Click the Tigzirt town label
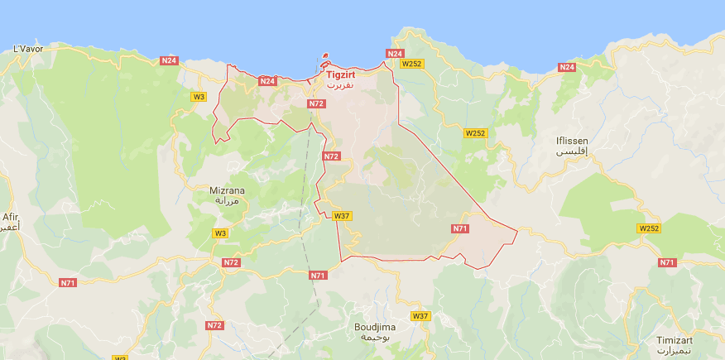(341, 74)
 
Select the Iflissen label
(572, 141)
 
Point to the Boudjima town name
(375, 327)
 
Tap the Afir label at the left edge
(9, 217)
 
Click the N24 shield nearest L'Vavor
(169, 60)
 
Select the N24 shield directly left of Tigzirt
(267, 81)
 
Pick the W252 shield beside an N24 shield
(411, 63)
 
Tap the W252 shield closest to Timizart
(649, 228)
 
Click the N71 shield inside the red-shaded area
(461, 228)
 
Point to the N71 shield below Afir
(68, 283)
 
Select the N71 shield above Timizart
(667, 262)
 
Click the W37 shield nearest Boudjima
(420, 316)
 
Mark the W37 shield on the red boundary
(342, 216)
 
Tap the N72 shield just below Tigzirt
(315, 103)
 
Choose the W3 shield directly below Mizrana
(220, 233)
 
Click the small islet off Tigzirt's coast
(324, 60)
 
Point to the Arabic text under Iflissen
(572, 153)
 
